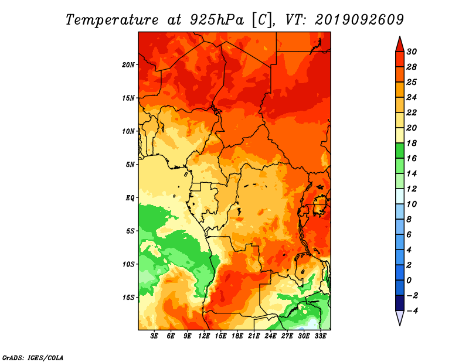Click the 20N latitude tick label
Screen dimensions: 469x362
click(128, 65)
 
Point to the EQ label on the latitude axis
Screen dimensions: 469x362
click(130, 198)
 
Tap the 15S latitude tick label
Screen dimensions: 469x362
click(128, 298)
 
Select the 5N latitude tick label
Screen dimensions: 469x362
click(130, 165)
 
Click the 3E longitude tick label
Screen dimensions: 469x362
click(154, 336)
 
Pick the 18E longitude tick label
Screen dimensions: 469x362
click(237, 336)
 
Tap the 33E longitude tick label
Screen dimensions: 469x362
click(320, 336)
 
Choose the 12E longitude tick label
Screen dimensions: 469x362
click(204, 336)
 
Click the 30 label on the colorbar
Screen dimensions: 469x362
click(412, 52)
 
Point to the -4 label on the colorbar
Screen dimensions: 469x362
click(412, 311)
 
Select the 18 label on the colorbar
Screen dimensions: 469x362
click(412, 143)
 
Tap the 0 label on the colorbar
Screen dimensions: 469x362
click(409, 281)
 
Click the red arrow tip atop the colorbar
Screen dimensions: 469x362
click(400, 37)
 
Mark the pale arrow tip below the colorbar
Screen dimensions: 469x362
click(400, 325)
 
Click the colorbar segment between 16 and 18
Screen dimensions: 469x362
click(400, 151)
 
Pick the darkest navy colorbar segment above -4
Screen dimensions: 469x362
click(400, 303)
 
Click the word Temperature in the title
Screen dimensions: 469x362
click(112, 20)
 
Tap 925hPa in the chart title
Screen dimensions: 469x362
click(217, 20)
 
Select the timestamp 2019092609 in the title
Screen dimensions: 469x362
click(359, 20)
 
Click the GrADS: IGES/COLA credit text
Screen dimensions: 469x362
click(33, 358)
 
